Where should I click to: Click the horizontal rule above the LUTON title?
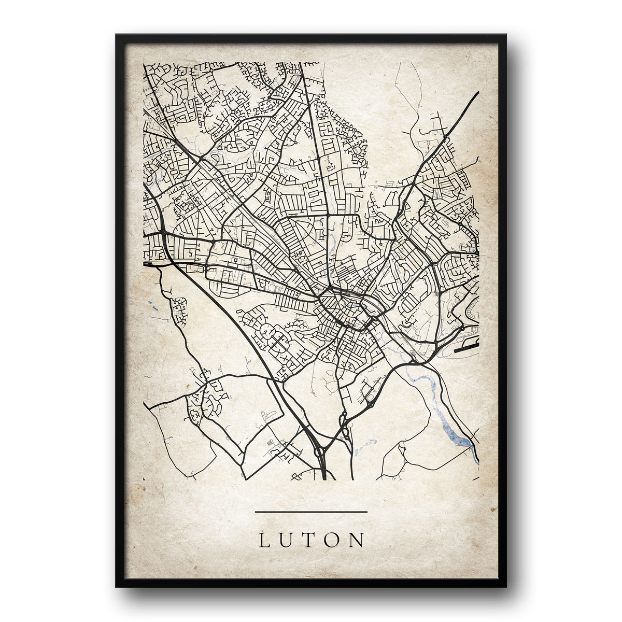click(311, 512)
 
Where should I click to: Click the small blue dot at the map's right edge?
click(476, 252)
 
